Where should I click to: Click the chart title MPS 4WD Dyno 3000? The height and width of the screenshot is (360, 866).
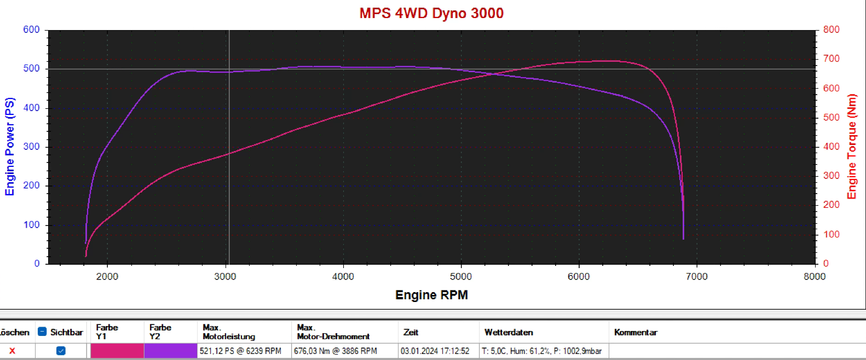click(x=431, y=13)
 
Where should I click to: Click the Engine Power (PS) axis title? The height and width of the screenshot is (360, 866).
click(x=10, y=147)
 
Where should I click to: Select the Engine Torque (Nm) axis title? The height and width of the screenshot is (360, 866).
click(x=851, y=147)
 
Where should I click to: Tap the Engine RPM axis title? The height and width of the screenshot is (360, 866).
click(x=431, y=295)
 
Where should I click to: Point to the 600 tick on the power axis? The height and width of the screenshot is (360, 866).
click(x=31, y=30)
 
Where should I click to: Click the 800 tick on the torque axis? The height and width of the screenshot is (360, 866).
click(x=831, y=30)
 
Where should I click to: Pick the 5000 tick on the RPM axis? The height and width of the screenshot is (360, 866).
click(x=461, y=276)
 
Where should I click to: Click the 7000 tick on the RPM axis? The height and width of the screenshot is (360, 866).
click(x=697, y=276)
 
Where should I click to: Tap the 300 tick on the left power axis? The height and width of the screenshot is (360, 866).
click(x=31, y=147)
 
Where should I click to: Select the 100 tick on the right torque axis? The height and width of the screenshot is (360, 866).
click(x=831, y=234)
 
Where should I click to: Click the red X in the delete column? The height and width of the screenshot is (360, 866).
click(x=12, y=351)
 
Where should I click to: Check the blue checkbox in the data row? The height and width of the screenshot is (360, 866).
click(x=61, y=351)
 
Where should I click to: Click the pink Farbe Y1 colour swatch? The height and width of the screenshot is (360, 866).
click(x=117, y=351)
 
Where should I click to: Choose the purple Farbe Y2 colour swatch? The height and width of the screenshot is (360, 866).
click(x=170, y=351)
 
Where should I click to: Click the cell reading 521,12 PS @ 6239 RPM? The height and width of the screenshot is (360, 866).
click(x=240, y=351)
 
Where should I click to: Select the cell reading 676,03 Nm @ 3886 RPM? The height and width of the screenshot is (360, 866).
click(x=336, y=351)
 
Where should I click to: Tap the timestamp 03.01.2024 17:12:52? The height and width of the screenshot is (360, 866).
click(x=435, y=351)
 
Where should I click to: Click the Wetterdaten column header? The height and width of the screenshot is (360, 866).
click(x=509, y=332)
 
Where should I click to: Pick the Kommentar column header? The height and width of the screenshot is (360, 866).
click(x=636, y=332)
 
